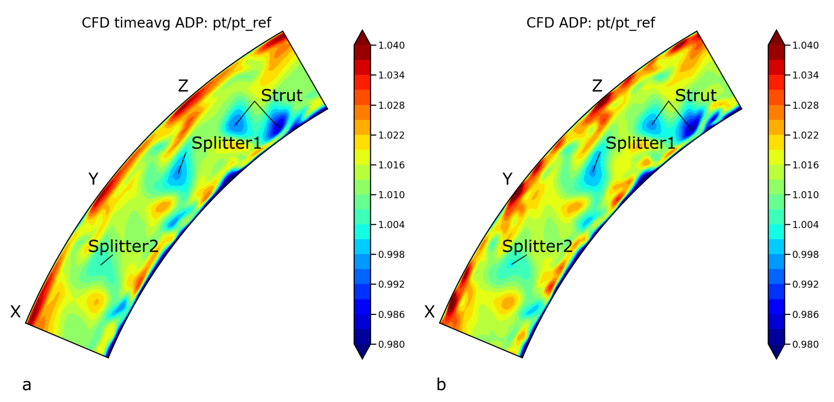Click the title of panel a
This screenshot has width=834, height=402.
(x=176, y=23)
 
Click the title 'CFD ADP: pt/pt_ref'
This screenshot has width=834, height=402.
(x=591, y=23)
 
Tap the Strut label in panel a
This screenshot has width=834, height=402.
(x=282, y=95)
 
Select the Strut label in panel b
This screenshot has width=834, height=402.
(x=696, y=95)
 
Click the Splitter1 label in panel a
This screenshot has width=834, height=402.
(x=226, y=143)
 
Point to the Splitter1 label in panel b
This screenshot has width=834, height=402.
(x=640, y=143)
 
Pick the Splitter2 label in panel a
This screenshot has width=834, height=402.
(x=123, y=246)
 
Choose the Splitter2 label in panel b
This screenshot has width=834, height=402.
(x=537, y=246)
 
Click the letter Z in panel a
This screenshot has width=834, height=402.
(x=183, y=86)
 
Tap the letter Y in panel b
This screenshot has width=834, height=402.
(x=507, y=179)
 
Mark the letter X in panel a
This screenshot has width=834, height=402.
(x=15, y=312)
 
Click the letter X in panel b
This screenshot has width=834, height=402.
(x=430, y=312)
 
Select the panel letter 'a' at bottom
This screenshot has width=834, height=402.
(x=27, y=385)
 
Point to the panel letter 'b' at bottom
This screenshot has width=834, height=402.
(x=441, y=384)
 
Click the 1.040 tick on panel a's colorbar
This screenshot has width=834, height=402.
(x=391, y=46)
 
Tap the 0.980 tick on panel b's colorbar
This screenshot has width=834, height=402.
(x=805, y=345)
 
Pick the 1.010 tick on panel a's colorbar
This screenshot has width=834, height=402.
(x=391, y=195)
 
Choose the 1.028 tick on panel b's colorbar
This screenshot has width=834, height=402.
(x=805, y=105)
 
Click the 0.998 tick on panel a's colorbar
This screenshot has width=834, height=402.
(x=391, y=254)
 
